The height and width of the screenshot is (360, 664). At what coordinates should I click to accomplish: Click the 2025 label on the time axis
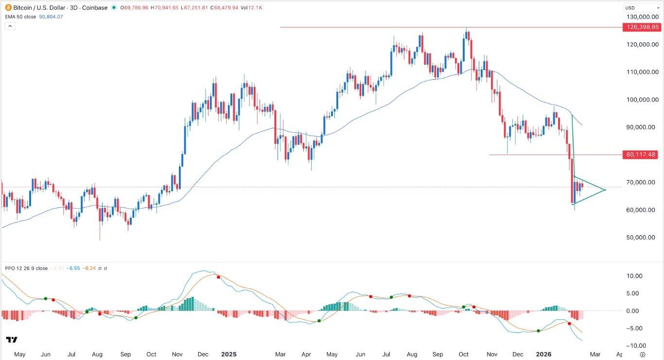point(228,354)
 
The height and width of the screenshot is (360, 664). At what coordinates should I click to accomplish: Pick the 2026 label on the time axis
point(543,354)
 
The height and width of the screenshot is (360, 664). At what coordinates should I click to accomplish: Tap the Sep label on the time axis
point(126,354)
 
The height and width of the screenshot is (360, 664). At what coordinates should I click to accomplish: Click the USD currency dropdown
point(640,8)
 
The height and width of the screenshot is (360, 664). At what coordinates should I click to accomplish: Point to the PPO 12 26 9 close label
point(26,268)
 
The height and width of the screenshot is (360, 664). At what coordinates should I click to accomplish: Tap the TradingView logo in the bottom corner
point(12,340)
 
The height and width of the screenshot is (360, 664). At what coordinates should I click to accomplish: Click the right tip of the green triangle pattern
point(606,189)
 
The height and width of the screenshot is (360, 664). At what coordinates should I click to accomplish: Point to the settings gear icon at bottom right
point(643,354)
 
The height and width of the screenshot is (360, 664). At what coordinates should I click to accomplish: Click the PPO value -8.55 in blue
point(73,268)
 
